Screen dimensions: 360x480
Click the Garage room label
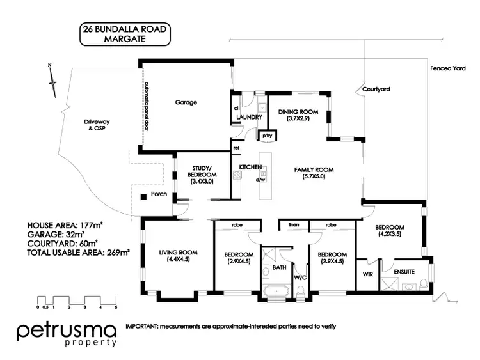[186, 102]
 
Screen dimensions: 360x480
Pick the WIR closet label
[367, 274]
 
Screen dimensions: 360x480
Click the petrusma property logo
[67, 334]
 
